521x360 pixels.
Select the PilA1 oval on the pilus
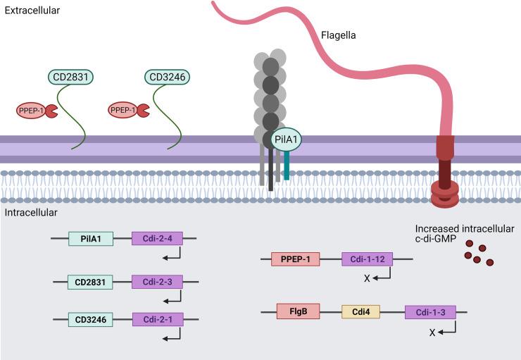pos(286,140)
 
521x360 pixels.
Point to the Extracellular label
pos(31,11)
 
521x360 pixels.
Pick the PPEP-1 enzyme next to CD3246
pos(125,110)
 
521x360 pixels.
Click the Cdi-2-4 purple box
pos(157,240)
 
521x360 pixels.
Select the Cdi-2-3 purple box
pos(157,283)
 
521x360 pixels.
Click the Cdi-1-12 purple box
pos(368,259)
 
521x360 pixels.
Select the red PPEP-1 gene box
pos(296,259)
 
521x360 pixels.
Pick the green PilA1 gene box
pos(90,240)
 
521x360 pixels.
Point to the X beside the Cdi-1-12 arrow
pos(368,278)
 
